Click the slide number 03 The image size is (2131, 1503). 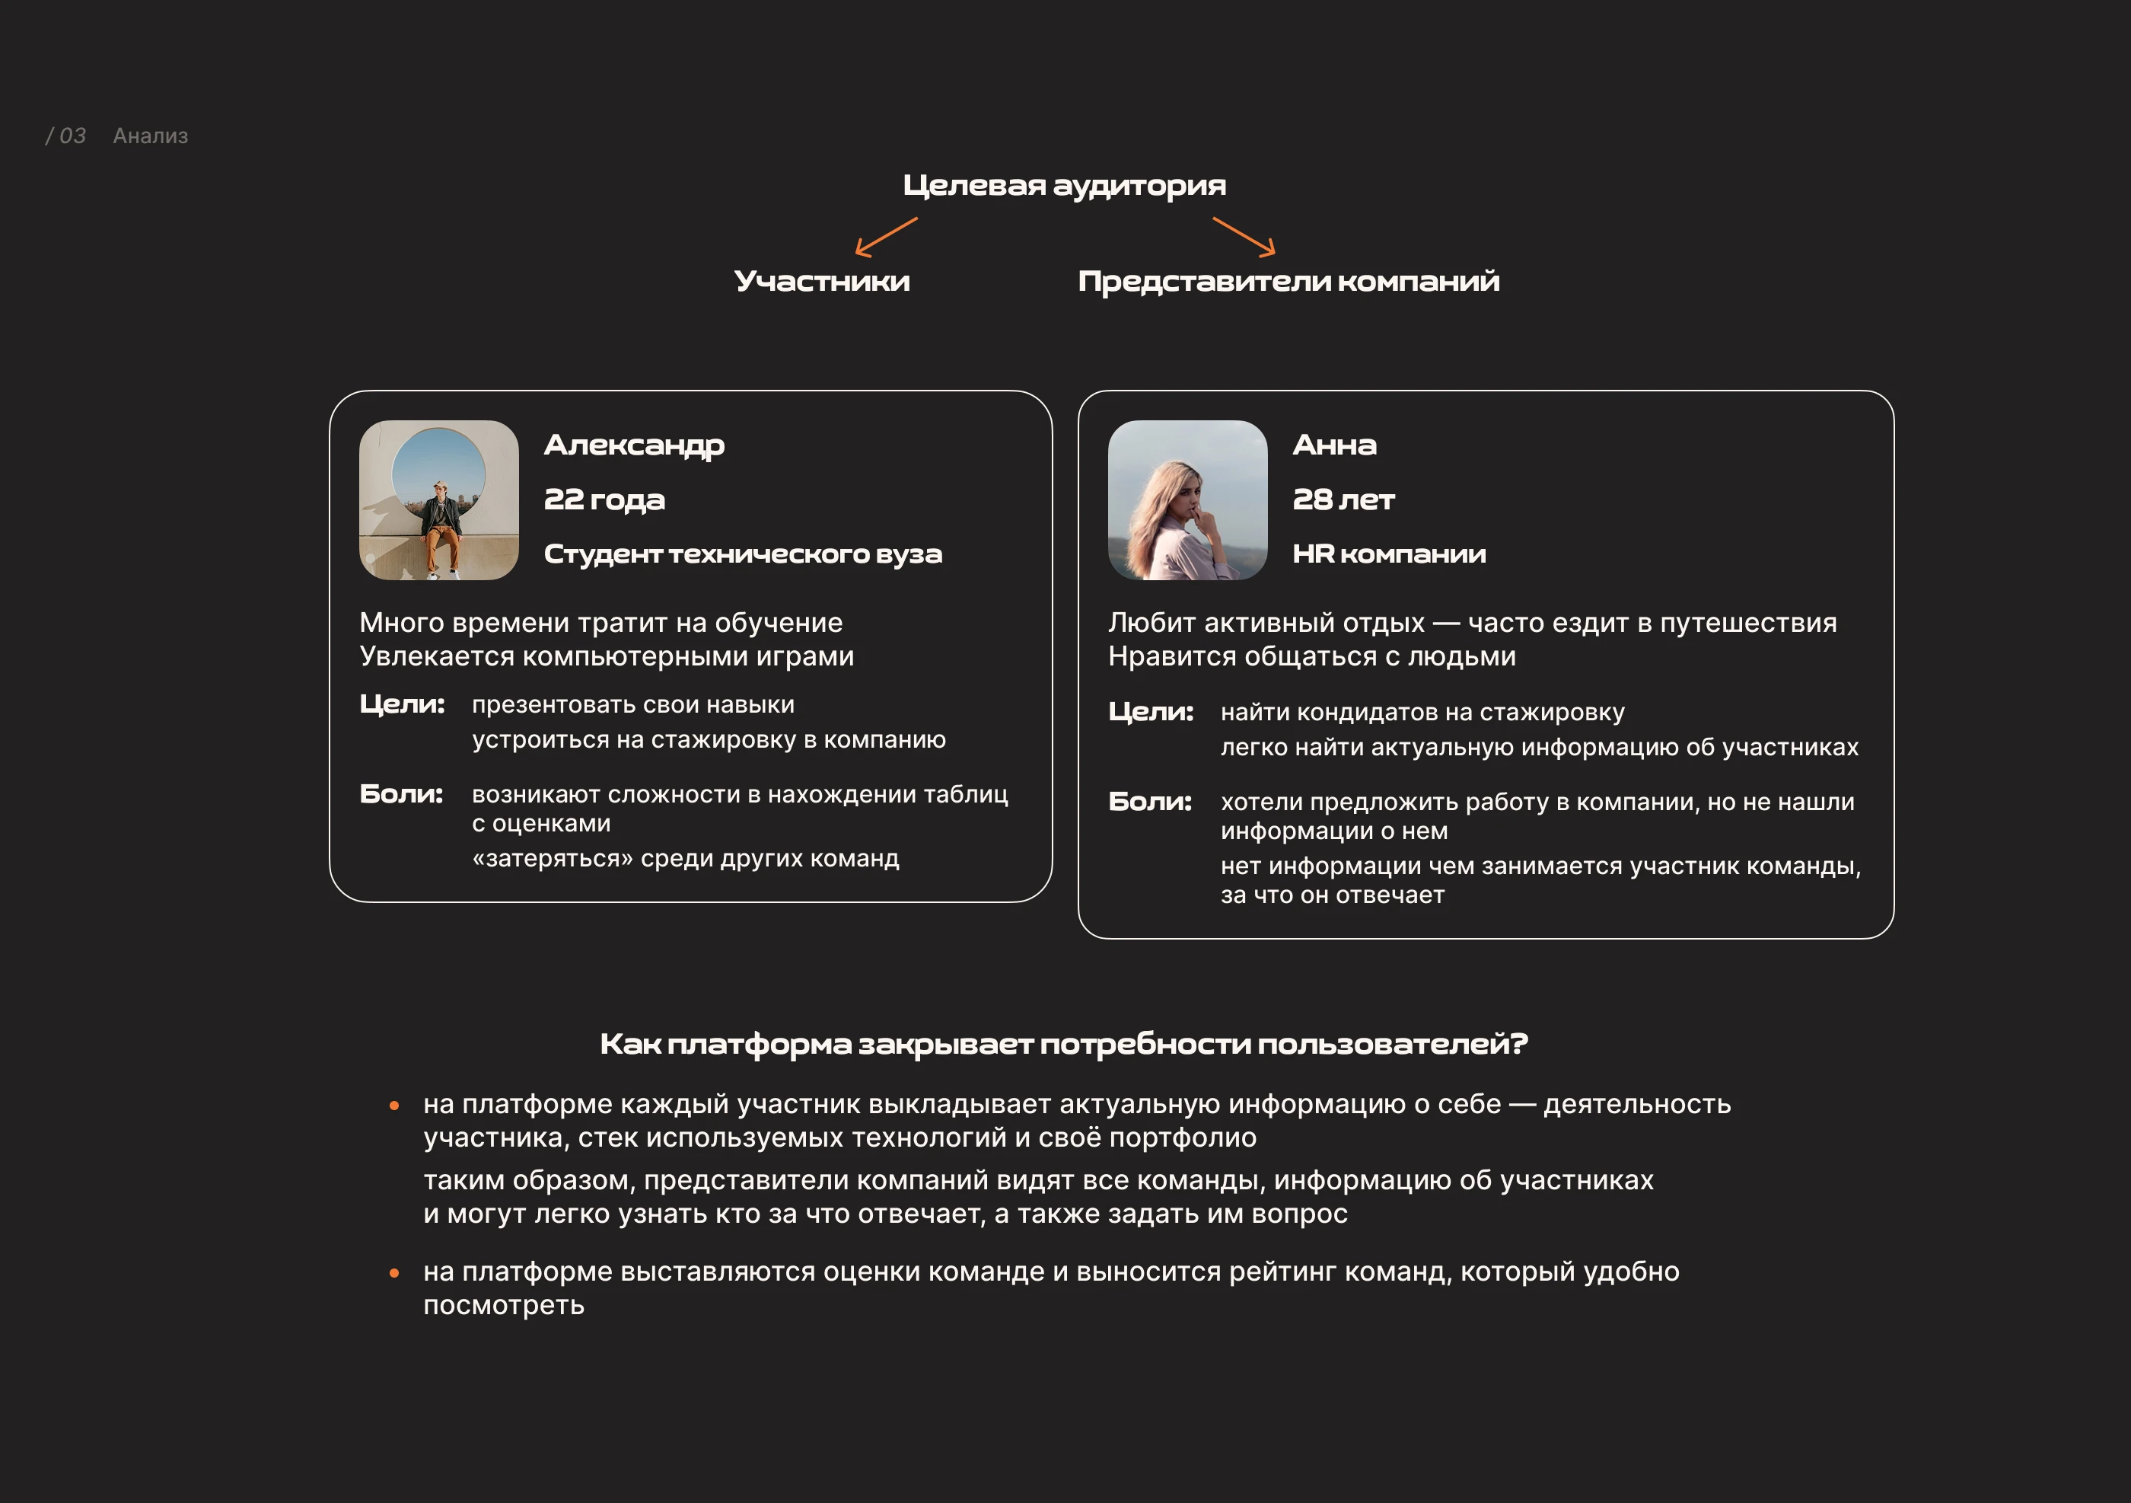72,136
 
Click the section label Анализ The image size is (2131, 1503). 151,136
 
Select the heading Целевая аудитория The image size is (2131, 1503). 1064,186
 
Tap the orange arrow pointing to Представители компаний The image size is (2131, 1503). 1244,237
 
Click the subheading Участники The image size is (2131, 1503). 821,281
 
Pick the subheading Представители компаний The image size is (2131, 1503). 1288,281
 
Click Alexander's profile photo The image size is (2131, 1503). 439,500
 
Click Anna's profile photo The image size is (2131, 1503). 1187,500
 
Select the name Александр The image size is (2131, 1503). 634,445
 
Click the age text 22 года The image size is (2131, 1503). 604,500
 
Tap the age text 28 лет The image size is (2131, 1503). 1343,500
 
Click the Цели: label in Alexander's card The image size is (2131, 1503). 402,704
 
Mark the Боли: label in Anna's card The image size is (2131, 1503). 1150,802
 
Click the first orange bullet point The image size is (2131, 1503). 394,1106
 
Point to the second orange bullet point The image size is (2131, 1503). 394,1273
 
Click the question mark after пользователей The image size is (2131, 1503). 1519,1045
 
